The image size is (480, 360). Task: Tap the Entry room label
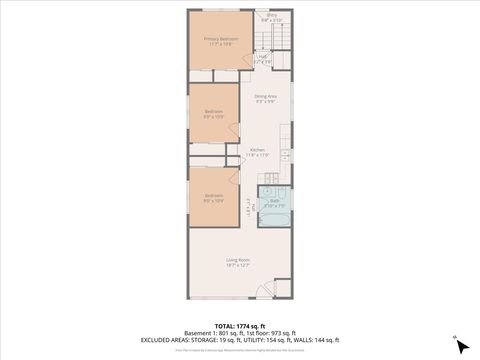point(271,15)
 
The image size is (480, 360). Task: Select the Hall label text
point(262,57)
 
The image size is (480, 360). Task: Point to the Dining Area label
point(265,96)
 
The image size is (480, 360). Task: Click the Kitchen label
point(258,150)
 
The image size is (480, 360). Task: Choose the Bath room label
point(274,200)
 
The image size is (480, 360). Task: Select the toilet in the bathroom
point(266,193)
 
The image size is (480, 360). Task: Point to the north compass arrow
point(461,345)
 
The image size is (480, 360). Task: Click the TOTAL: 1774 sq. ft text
point(239,326)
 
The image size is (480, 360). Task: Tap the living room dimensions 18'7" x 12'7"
point(237,265)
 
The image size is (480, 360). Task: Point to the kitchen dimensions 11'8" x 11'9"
point(258,156)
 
